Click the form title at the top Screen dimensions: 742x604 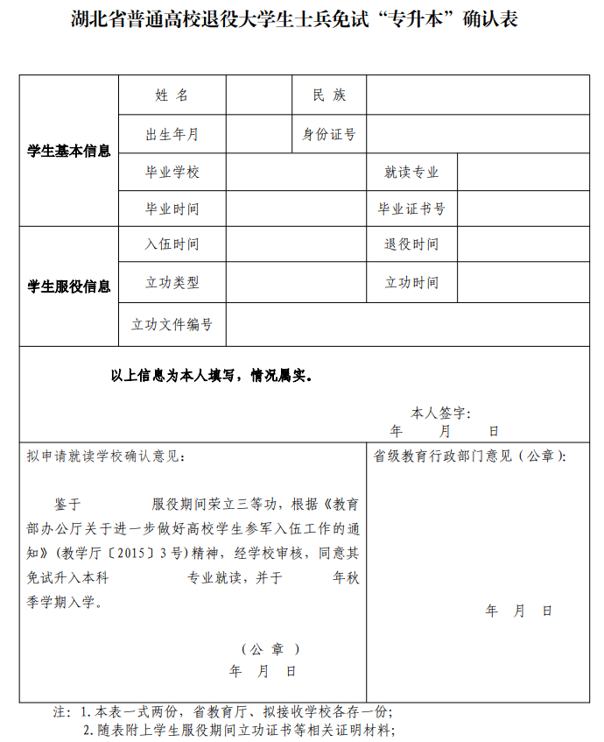coord(294,18)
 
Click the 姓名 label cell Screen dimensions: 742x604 coord(172,95)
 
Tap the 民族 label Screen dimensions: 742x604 coord(329,95)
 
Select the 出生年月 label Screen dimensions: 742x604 coord(172,134)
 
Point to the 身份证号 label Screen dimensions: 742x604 coord(329,134)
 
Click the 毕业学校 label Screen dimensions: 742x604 coord(172,173)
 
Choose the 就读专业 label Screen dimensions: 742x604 coord(411,173)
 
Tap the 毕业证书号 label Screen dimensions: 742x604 coord(411,209)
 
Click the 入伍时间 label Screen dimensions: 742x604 coord(172,244)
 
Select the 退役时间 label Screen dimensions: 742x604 coord(411,244)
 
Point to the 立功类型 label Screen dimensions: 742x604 coord(172,282)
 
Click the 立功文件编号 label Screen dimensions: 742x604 coord(172,324)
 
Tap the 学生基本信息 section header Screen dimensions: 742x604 coord(69,151)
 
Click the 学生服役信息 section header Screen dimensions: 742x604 coord(69,286)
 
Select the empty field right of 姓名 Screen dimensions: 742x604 coord(259,95)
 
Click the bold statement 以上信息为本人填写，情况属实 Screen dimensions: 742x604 coord(211,376)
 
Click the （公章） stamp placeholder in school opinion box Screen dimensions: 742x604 coord(270,649)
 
